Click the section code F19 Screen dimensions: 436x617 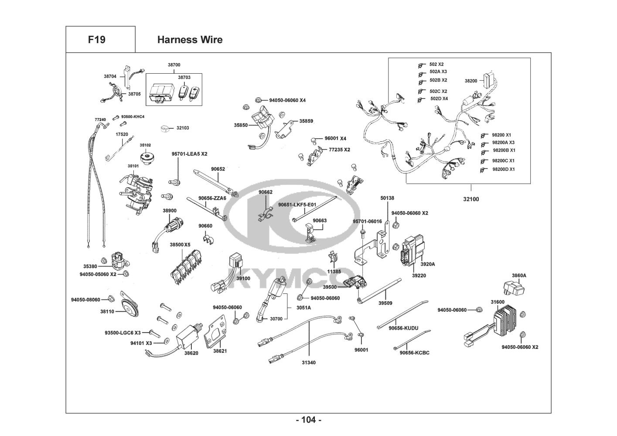pos(96,40)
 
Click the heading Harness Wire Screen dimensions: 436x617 pos(190,40)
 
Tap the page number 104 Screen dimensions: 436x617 pos(308,420)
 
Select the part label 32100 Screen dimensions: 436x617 pos(471,199)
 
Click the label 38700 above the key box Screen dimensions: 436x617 pos(174,65)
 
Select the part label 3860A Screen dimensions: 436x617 pos(519,276)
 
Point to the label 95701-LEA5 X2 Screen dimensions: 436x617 pos(189,154)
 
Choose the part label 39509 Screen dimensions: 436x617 pos(385,303)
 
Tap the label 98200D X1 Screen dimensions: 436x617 pos(503,169)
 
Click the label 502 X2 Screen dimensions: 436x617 pos(436,64)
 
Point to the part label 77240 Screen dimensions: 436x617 pos(100,119)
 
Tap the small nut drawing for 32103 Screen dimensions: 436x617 pos(165,129)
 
